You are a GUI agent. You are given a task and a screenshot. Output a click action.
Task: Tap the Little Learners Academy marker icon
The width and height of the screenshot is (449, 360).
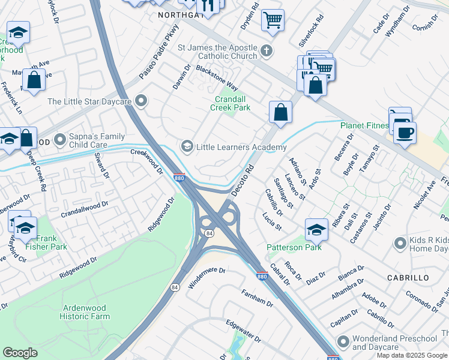tap(187, 146)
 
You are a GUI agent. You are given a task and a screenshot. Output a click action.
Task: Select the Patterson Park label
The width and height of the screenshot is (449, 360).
tap(294, 247)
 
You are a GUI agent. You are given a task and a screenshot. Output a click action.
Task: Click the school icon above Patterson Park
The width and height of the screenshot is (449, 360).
tap(316, 229)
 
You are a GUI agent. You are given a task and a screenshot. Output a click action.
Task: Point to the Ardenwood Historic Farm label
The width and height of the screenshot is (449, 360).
tap(85, 312)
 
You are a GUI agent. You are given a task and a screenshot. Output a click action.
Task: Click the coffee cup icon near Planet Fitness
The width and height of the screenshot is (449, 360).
tap(405, 131)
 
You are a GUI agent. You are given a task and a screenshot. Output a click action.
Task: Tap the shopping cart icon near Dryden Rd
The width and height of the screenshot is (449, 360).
tap(273, 20)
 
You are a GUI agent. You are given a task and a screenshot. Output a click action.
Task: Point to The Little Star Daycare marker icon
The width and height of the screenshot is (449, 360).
tap(142, 101)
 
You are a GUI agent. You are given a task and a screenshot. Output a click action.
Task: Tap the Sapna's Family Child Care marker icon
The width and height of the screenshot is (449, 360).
tap(60, 140)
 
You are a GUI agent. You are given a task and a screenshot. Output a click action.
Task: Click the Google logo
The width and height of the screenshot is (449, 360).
tap(20, 353)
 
